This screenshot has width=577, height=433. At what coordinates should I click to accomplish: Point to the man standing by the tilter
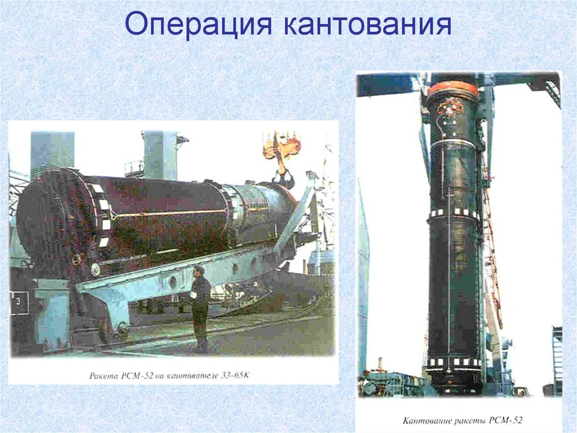[x=199, y=305]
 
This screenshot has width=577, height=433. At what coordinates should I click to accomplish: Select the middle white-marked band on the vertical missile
[x=454, y=214]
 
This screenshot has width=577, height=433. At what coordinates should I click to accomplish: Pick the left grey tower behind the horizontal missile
[x=52, y=152]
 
